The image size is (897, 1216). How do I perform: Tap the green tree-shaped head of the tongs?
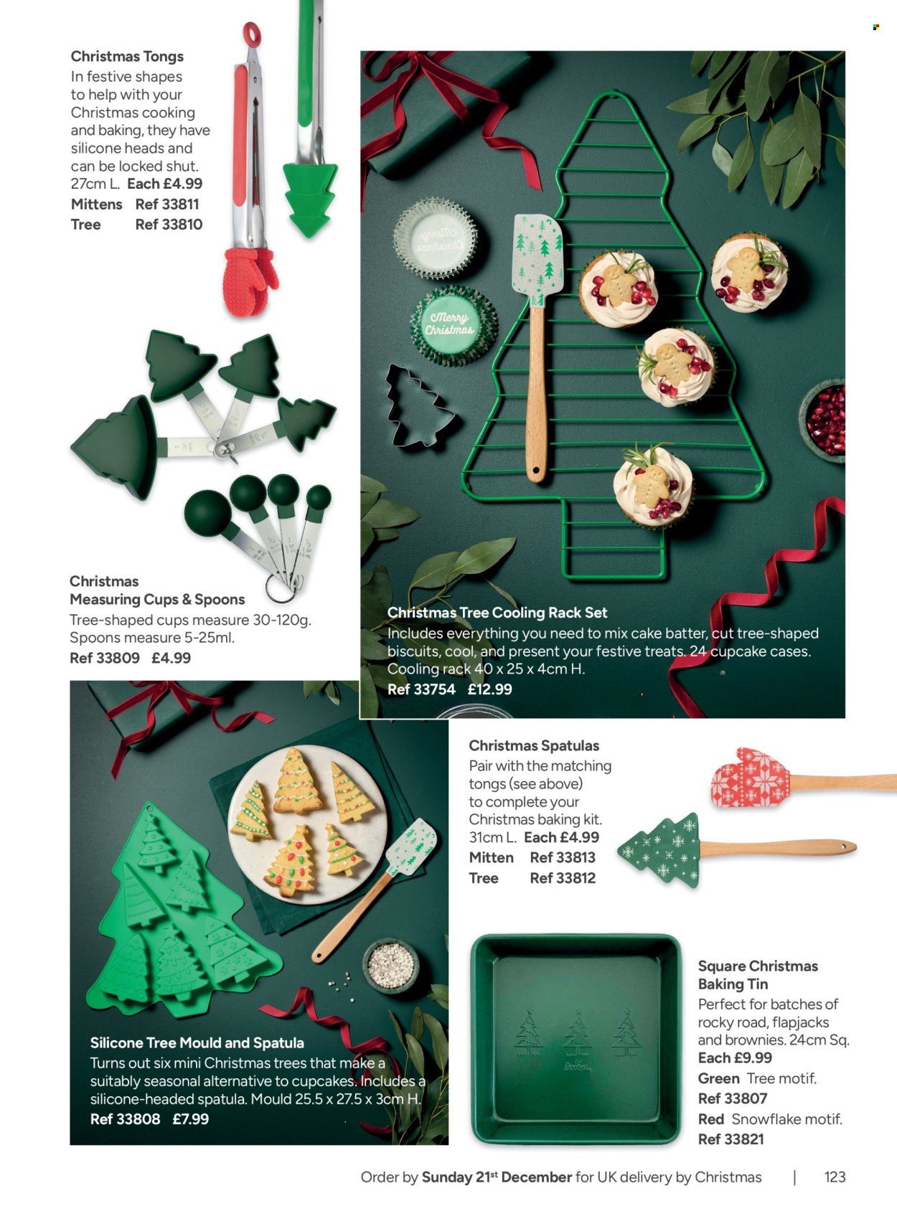click(310, 199)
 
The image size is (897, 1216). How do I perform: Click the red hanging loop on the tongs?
click(251, 34)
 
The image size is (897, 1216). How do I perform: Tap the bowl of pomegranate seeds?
click(825, 420)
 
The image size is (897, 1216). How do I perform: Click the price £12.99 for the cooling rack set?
click(490, 689)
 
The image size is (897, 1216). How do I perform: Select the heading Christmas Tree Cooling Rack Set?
click(497, 613)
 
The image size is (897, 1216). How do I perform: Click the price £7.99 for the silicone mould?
click(191, 1119)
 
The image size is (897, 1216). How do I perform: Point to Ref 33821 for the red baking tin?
click(731, 1140)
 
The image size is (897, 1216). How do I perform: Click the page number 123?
click(835, 1177)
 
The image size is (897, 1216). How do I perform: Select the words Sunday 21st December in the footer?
click(497, 1177)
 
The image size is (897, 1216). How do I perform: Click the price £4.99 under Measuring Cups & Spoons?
click(171, 658)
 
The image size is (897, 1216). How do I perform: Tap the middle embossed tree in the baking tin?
click(577, 1032)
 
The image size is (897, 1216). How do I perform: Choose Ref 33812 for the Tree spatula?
click(563, 878)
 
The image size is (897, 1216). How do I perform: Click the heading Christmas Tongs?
click(127, 57)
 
